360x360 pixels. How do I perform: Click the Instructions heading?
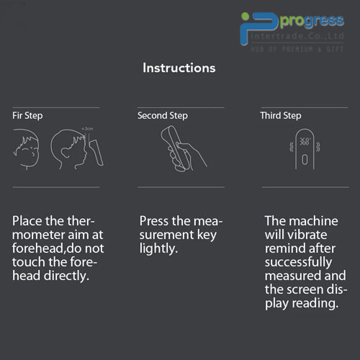(x=179, y=68)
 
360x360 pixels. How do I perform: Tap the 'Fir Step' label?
(x=27, y=116)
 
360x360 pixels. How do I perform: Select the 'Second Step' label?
(x=163, y=116)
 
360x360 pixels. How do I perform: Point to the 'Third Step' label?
(x=281, y=116)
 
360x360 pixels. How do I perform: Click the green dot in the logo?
(x=246, y=17)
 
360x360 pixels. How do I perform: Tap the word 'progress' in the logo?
(x=312, y=21)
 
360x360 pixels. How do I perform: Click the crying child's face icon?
(x=26, y=149)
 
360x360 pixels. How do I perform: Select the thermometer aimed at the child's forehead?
(x=96, y=152)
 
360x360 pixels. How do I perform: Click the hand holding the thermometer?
(x=185, y=156)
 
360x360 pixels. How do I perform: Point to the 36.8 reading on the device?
(x=305, y=141)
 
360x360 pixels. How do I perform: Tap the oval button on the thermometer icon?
(x=305, y=160)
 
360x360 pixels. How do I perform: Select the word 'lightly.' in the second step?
(x=158, y=248)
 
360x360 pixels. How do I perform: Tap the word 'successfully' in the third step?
(x=298, y=262)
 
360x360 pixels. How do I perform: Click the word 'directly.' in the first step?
(x=66, y=276)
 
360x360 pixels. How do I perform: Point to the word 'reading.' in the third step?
(x=315, y=303)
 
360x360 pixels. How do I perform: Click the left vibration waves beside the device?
(x=292, y=147)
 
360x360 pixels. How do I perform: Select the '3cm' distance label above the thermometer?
(x=87, y=129)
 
